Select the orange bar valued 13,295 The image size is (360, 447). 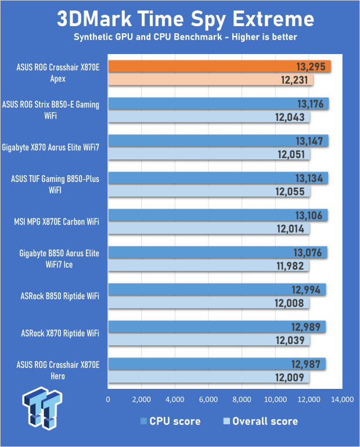click(x=219, y=66)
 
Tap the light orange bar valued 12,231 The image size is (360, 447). click(x=210, y=80)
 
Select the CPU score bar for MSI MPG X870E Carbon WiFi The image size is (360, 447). click(x=218, y=215)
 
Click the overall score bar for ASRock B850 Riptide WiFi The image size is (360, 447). click(x=208, y=303)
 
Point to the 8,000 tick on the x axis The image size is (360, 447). click(x=242, y=400)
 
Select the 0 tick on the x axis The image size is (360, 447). click(x=108, y=400)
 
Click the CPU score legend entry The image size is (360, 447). click(x=171, y=421)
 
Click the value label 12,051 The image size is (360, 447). click(x=292, y=155)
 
